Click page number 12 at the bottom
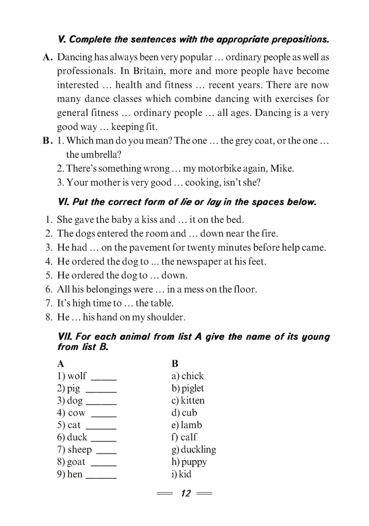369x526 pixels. click(x=185, y=493)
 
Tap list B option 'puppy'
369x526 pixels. click(x=194, y=462)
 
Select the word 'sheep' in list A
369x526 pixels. click(x=79, y=450)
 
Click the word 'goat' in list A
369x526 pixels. click(x=77, y=462)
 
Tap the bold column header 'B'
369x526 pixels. click(x=175, y=363)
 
